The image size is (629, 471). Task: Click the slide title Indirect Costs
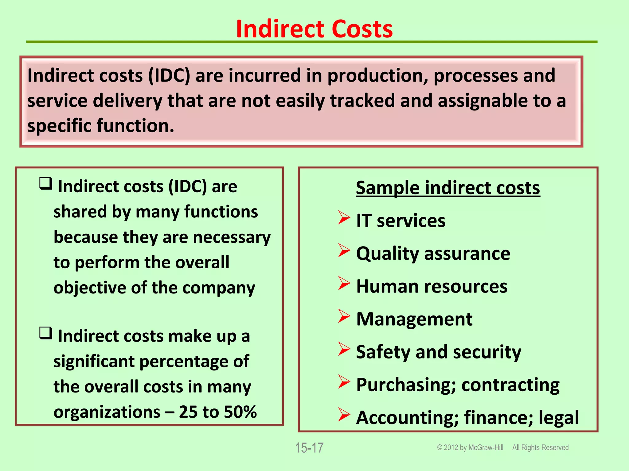[314, 29]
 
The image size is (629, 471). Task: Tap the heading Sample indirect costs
[447, 188]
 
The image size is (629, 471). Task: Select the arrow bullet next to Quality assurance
[344, 251]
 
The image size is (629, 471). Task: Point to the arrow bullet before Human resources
[344, 283]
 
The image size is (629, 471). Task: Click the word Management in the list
[414, 319]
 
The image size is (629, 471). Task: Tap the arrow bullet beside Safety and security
[344, 349]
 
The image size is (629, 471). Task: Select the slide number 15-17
[309, 448]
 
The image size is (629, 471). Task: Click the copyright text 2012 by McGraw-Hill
[473, 448]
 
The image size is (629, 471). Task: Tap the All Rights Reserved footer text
[540, 448]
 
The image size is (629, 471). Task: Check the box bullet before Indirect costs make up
[46, 333]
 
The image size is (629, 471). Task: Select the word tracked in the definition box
[362, 101]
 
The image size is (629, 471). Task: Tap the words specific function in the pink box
[101, 126]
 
